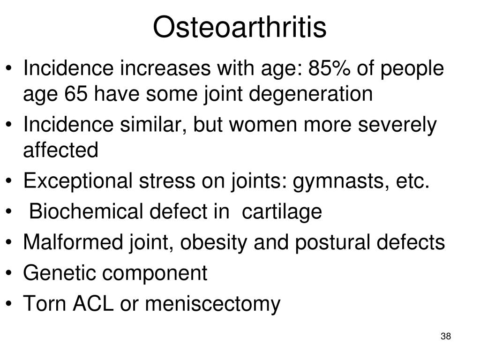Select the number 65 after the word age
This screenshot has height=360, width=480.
pyautogui.click(x=75, y=94)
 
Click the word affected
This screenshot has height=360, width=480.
pyautogui.click(x=60, y=150)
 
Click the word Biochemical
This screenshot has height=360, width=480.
pyautogui.click(x=86, y=211)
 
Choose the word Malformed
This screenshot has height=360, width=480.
pyautogui.click(x=73, y=242)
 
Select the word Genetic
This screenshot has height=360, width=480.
pyautogui.click(x=60, y=273)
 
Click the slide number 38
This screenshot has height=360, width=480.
pyautogui.click(x=446, y=336)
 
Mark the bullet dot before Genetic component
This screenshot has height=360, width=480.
pyautogui.click(x=9, y=273)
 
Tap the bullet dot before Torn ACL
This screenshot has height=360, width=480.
pyautogui.click(x=9, y=304)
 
